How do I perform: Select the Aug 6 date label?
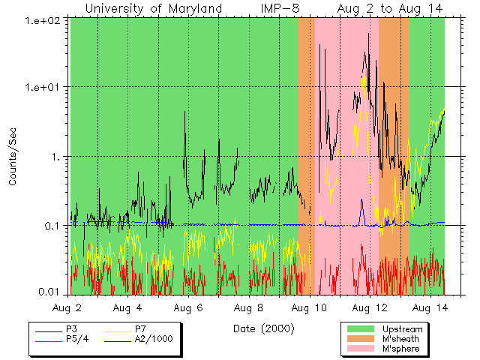coord(189,308)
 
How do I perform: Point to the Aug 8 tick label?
coord(249,308)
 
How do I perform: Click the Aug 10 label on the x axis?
coord(309,308)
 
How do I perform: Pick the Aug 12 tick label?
coord(369,308)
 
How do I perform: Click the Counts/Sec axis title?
coord(13,157)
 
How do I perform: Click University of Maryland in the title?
coord(153,8)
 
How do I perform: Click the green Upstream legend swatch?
coord(361,329)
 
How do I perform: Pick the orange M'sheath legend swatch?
coord(361,339)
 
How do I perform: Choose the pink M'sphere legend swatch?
coord(361,349)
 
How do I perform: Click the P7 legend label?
coord(140,329)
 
